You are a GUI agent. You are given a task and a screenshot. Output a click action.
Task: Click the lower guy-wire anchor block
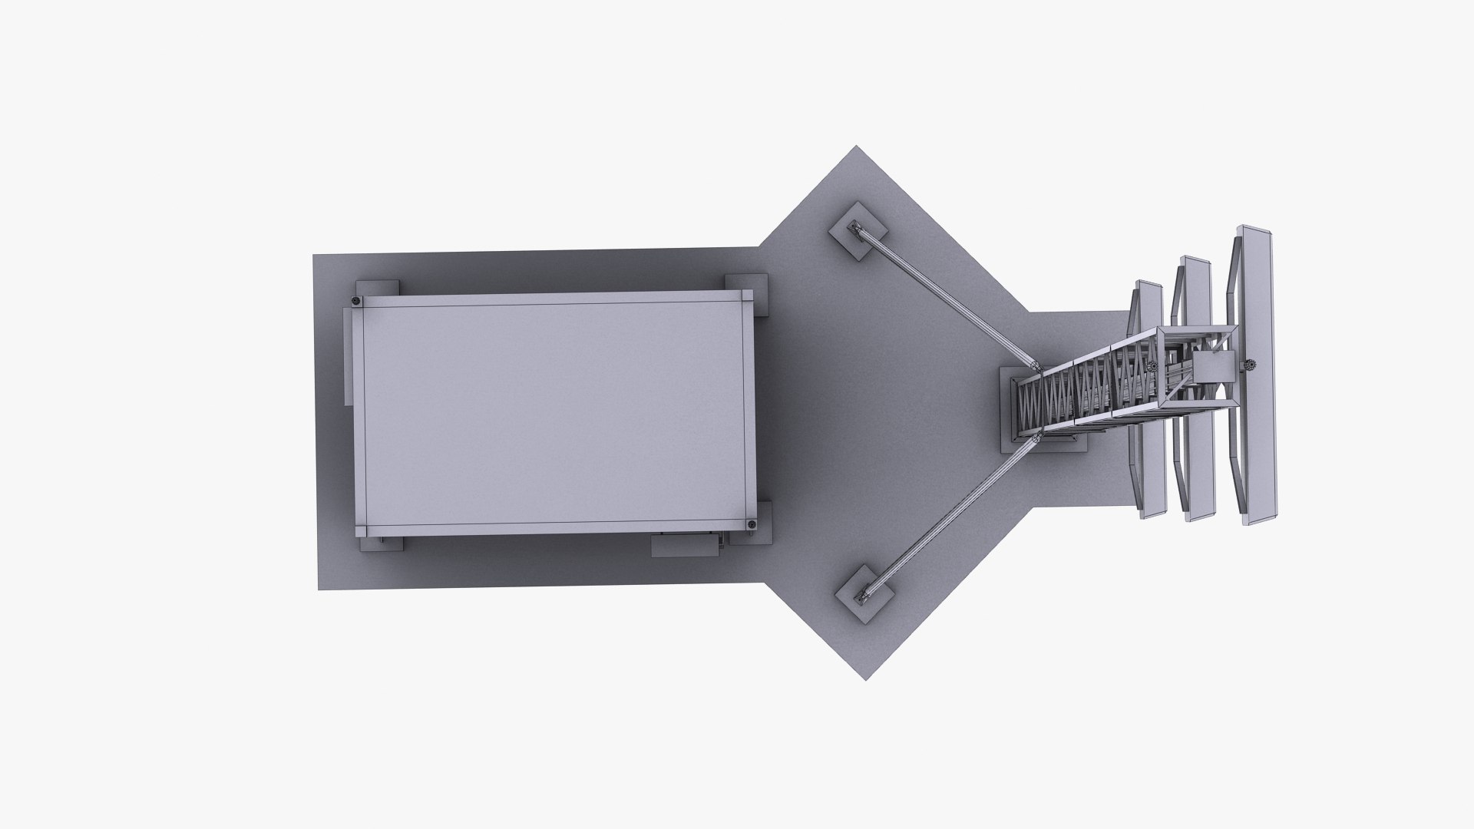[865, 592]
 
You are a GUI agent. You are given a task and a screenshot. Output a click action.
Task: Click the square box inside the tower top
[1213, 368]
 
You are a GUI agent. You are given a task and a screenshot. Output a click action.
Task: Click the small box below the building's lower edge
[683, 544]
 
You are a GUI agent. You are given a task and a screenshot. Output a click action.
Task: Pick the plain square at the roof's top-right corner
[747, 296]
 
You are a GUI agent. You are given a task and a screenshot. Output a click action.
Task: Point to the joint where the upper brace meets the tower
[1034, 367]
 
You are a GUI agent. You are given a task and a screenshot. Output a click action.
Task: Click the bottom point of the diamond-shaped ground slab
[866, 679]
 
